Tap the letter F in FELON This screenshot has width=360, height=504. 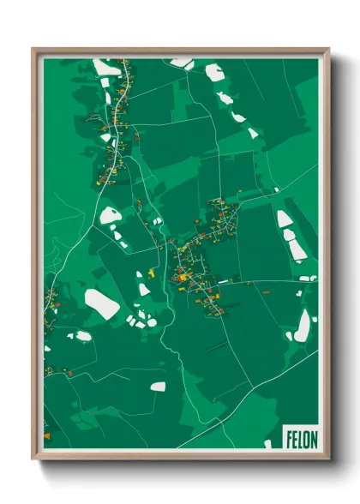click(290, 437)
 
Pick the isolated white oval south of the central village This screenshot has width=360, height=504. click(158, 387)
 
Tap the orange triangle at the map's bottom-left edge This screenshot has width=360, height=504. click(46, 435)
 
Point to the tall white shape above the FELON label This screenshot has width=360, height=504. click(303, 325)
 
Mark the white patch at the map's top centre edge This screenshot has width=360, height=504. click(182, 62)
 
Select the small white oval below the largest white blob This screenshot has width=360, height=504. click(83, 335)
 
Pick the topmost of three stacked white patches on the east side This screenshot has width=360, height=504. click(284, 219)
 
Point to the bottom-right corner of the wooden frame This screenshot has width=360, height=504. click(327, 459)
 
